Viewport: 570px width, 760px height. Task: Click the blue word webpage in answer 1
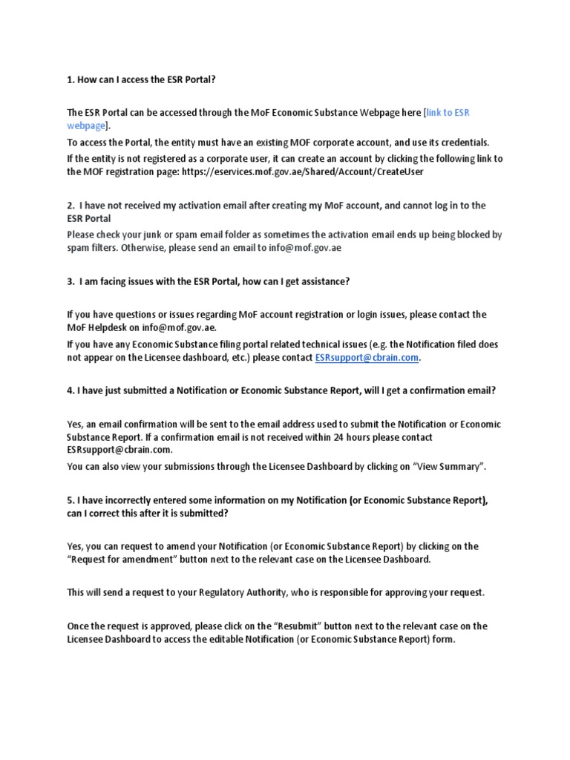pos(85,125)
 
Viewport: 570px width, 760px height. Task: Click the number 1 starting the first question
pos(70,79)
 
